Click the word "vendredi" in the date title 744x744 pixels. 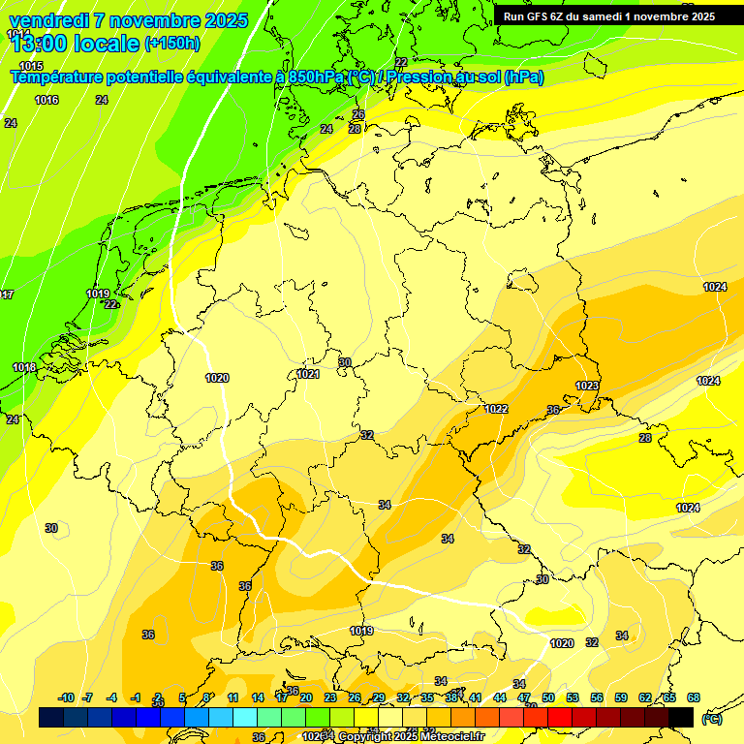[x=48, y=20]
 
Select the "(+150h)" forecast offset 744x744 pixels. [x=171, y=44]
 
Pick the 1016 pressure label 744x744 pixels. [x=46, y=100]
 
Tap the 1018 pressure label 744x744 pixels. [x=24, y=367]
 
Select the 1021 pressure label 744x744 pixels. [x=308, y=374]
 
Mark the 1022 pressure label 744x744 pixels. [x=496, y=409]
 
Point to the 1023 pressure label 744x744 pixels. [x=587, y=386]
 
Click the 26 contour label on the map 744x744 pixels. [x=358, y=114]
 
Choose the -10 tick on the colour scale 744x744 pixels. [x=66, y=697]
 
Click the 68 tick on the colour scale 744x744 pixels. [x=693, y=697]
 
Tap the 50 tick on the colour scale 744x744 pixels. [x=548, y=697]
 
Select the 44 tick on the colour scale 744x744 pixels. [x=500, y=697]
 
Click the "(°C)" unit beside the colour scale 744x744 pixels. [x=711, y=718]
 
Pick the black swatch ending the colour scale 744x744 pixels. [x=681, y=717]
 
